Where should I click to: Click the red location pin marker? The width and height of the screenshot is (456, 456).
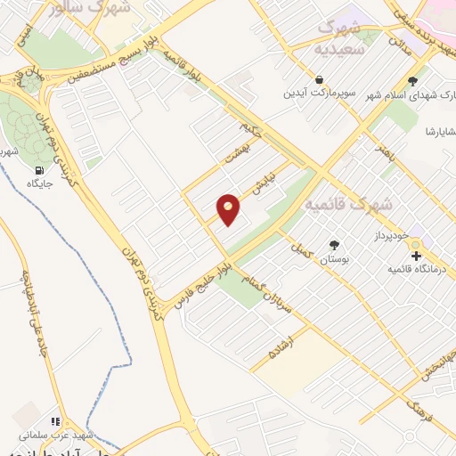[229, 208]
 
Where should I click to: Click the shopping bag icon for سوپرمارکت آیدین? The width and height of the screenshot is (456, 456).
[320, 79]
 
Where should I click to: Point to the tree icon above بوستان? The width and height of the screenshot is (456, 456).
[334, 244]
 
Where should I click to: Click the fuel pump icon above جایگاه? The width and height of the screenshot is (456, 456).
[38, 170]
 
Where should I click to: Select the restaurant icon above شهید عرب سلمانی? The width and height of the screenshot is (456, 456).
[54, 422]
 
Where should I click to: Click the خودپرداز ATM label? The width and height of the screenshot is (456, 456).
[390, 235]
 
